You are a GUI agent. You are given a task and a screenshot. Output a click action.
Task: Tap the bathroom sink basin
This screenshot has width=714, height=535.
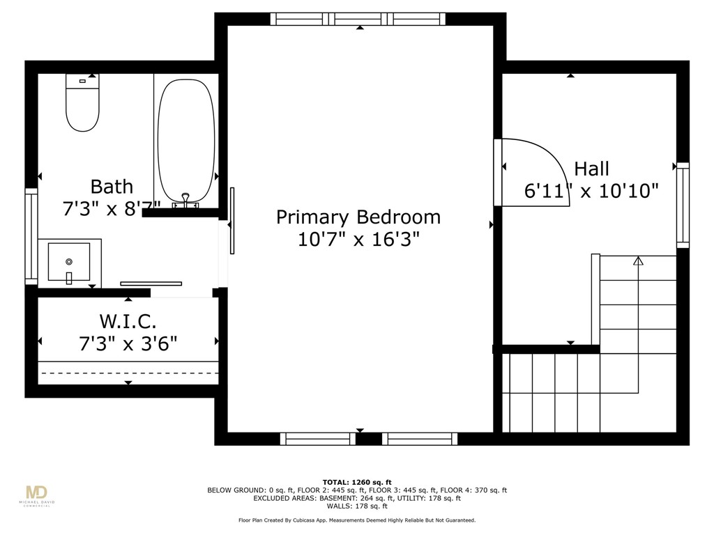pyautogui.click(x=68, y=261)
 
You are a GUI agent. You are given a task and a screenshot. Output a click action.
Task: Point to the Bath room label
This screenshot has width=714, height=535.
pyautogui.click(x=112, y=187)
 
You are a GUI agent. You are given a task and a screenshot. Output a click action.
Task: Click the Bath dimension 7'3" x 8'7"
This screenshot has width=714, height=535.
pyautogui.click(x=112, y=208)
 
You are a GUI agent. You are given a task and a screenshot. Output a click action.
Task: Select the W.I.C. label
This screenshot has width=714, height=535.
pyautogui.click(x=128, y=322)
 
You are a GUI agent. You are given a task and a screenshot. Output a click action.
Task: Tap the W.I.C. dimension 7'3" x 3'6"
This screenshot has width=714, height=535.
pyautogui.click(x=128, y=343)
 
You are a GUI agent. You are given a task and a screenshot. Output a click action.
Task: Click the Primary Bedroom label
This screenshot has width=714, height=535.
pyautogui.click(x=358, y=217)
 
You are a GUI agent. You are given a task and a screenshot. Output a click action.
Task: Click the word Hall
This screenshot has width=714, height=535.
pyautogui.click(x=591, y=169)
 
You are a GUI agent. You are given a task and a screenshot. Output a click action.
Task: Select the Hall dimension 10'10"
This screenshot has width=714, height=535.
pyautogui.click(x=627, y=191)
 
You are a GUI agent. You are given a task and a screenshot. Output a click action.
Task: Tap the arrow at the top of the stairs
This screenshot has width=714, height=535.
pyautogui.click(x=637, y=261)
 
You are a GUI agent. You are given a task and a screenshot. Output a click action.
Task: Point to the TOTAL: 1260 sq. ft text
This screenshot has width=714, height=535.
pyautogui.click(x=357, y=482)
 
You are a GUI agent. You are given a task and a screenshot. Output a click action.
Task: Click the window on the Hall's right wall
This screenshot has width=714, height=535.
pyautogui.click(x=683, y=205)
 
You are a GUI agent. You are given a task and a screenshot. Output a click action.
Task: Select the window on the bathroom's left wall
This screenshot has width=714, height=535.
pyautogui.click(x=31, y=237)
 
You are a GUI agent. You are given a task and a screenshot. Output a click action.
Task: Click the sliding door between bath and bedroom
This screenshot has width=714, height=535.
pyautogui.click(x=232, y=220)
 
